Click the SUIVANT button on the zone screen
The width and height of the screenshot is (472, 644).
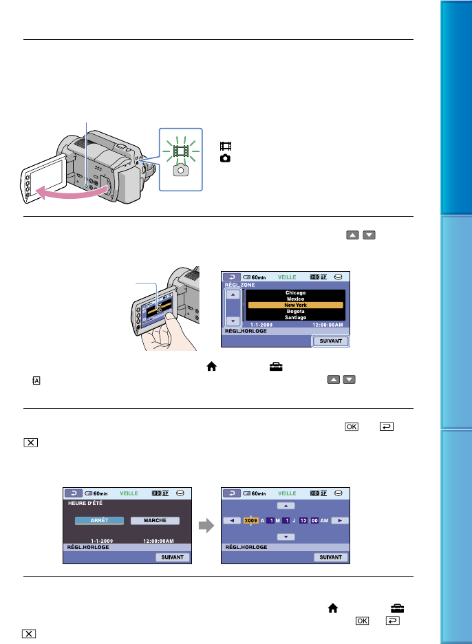click(332, 341)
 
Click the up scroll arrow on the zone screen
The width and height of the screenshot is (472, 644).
click(233, 294)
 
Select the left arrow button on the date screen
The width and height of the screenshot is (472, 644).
click(233, 521)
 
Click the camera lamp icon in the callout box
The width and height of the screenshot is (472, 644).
click(181, 169)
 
